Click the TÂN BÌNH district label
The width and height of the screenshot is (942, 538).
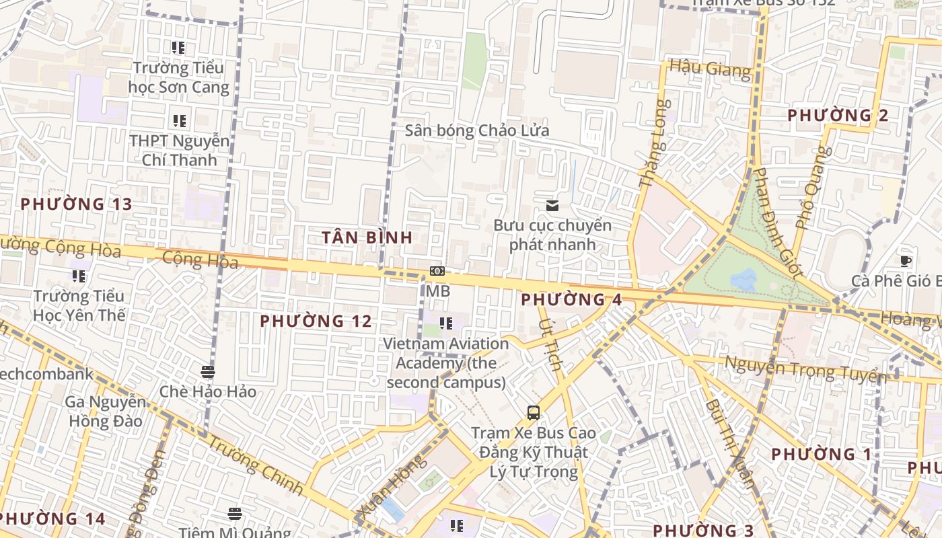click(367, 237)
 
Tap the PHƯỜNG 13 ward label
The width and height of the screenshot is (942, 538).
click(76, 204)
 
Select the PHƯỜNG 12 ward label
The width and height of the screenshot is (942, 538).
click(316, 321)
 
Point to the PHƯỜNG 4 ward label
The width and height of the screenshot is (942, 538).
click(571, 300)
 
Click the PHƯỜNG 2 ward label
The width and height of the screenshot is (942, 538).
click(838, 115)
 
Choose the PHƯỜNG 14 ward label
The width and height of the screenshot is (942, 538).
click(52, 519)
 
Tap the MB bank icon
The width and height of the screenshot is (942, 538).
click(437, 271)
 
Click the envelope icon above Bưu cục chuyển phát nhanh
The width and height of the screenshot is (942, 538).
click(552, 206)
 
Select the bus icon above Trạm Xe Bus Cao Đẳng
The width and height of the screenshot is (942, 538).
click(534, 412)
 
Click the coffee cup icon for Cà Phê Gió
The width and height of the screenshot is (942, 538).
click(906, 262)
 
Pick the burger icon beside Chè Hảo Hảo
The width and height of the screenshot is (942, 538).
click(207, 372)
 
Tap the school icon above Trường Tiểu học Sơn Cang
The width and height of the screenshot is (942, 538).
click(178, 48)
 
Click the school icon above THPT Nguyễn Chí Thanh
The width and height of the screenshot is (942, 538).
click(179, 121)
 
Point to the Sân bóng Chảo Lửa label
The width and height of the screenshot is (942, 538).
click(476, 130)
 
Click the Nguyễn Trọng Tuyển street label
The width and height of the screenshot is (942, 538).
click(802, 369)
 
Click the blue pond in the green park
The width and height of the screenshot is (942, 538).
click(743, 279)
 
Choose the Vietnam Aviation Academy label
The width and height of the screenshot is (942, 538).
click(445, 362)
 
